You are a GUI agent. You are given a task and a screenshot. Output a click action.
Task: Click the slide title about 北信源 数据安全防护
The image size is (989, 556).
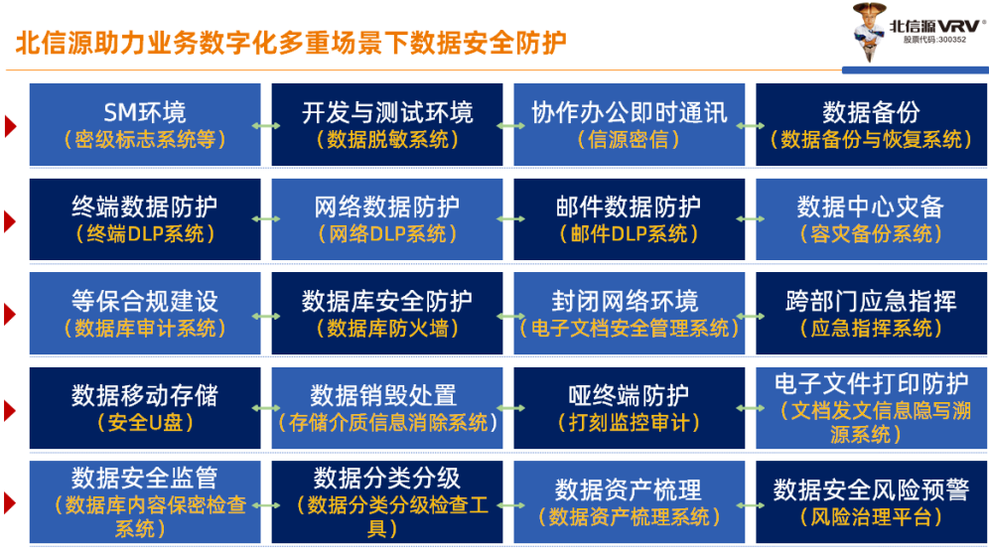(291, 43)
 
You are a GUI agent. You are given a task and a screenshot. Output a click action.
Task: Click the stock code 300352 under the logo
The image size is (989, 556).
(934, 40)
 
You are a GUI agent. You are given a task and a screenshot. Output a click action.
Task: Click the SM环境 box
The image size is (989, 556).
(145, 125)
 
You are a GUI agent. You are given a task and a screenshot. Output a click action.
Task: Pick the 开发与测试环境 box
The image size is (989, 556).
(387, 125)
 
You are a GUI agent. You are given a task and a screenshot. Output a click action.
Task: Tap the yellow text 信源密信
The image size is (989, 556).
(629, 139)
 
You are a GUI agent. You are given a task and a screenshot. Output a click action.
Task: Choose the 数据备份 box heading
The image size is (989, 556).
(871, 113)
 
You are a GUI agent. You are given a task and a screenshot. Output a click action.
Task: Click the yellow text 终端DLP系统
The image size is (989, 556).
(145, 234)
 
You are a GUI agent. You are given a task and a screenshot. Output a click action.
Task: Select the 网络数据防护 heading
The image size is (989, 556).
(387, 207)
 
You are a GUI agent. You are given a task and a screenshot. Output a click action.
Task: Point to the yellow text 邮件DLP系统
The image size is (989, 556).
(629, 234)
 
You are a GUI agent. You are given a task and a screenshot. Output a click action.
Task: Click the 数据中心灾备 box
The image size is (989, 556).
(871, 219)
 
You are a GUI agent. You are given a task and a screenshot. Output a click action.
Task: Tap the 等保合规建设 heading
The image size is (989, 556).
(145, 301)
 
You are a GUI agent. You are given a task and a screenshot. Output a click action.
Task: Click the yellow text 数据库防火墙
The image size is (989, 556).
(387, 328)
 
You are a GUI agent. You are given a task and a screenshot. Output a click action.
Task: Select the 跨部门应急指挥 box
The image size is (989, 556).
(871, 314)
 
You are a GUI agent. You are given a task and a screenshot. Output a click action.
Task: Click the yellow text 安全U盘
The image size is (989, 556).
(145, 422)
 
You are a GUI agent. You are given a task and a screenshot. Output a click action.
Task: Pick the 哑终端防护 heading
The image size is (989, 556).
(629, 396)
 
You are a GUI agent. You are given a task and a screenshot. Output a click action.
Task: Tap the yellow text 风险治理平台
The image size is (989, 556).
(871, 517)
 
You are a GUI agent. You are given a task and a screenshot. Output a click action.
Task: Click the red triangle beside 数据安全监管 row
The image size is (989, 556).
(10, 503)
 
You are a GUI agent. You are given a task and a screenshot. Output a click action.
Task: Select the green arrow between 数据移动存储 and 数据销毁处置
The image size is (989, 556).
(266, 408)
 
